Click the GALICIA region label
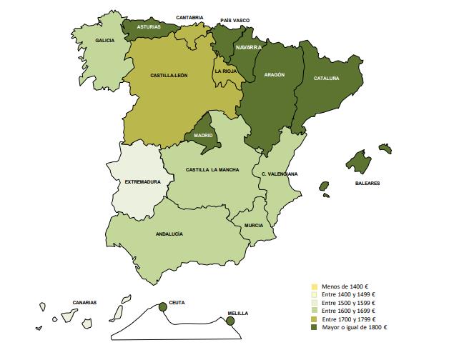104,41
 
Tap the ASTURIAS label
149,26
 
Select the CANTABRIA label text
189,17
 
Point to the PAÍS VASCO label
235,20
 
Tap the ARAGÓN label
274,74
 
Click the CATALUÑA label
326,79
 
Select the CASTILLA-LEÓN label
169,75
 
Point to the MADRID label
204,135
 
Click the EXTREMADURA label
143,181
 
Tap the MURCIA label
253,225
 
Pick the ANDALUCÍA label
169,234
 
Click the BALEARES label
367,183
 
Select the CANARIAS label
84,302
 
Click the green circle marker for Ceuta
162,306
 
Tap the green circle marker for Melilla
230,321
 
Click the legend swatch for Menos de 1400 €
314,286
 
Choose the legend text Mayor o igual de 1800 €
354,326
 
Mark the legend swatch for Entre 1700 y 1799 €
314,319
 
